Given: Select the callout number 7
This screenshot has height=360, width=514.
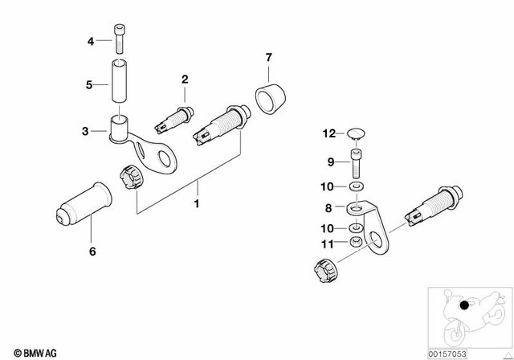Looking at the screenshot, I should [x=269, y=57].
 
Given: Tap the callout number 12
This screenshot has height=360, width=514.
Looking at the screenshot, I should [x=328, y=133].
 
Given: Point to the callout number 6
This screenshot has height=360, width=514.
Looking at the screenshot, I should [x=92, y=252].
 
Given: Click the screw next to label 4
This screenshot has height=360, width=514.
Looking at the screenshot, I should [x=119, y=39].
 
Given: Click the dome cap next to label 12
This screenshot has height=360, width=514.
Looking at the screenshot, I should [x=357, y=134].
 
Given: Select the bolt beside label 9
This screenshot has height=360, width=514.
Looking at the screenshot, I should [x=357, y=164].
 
